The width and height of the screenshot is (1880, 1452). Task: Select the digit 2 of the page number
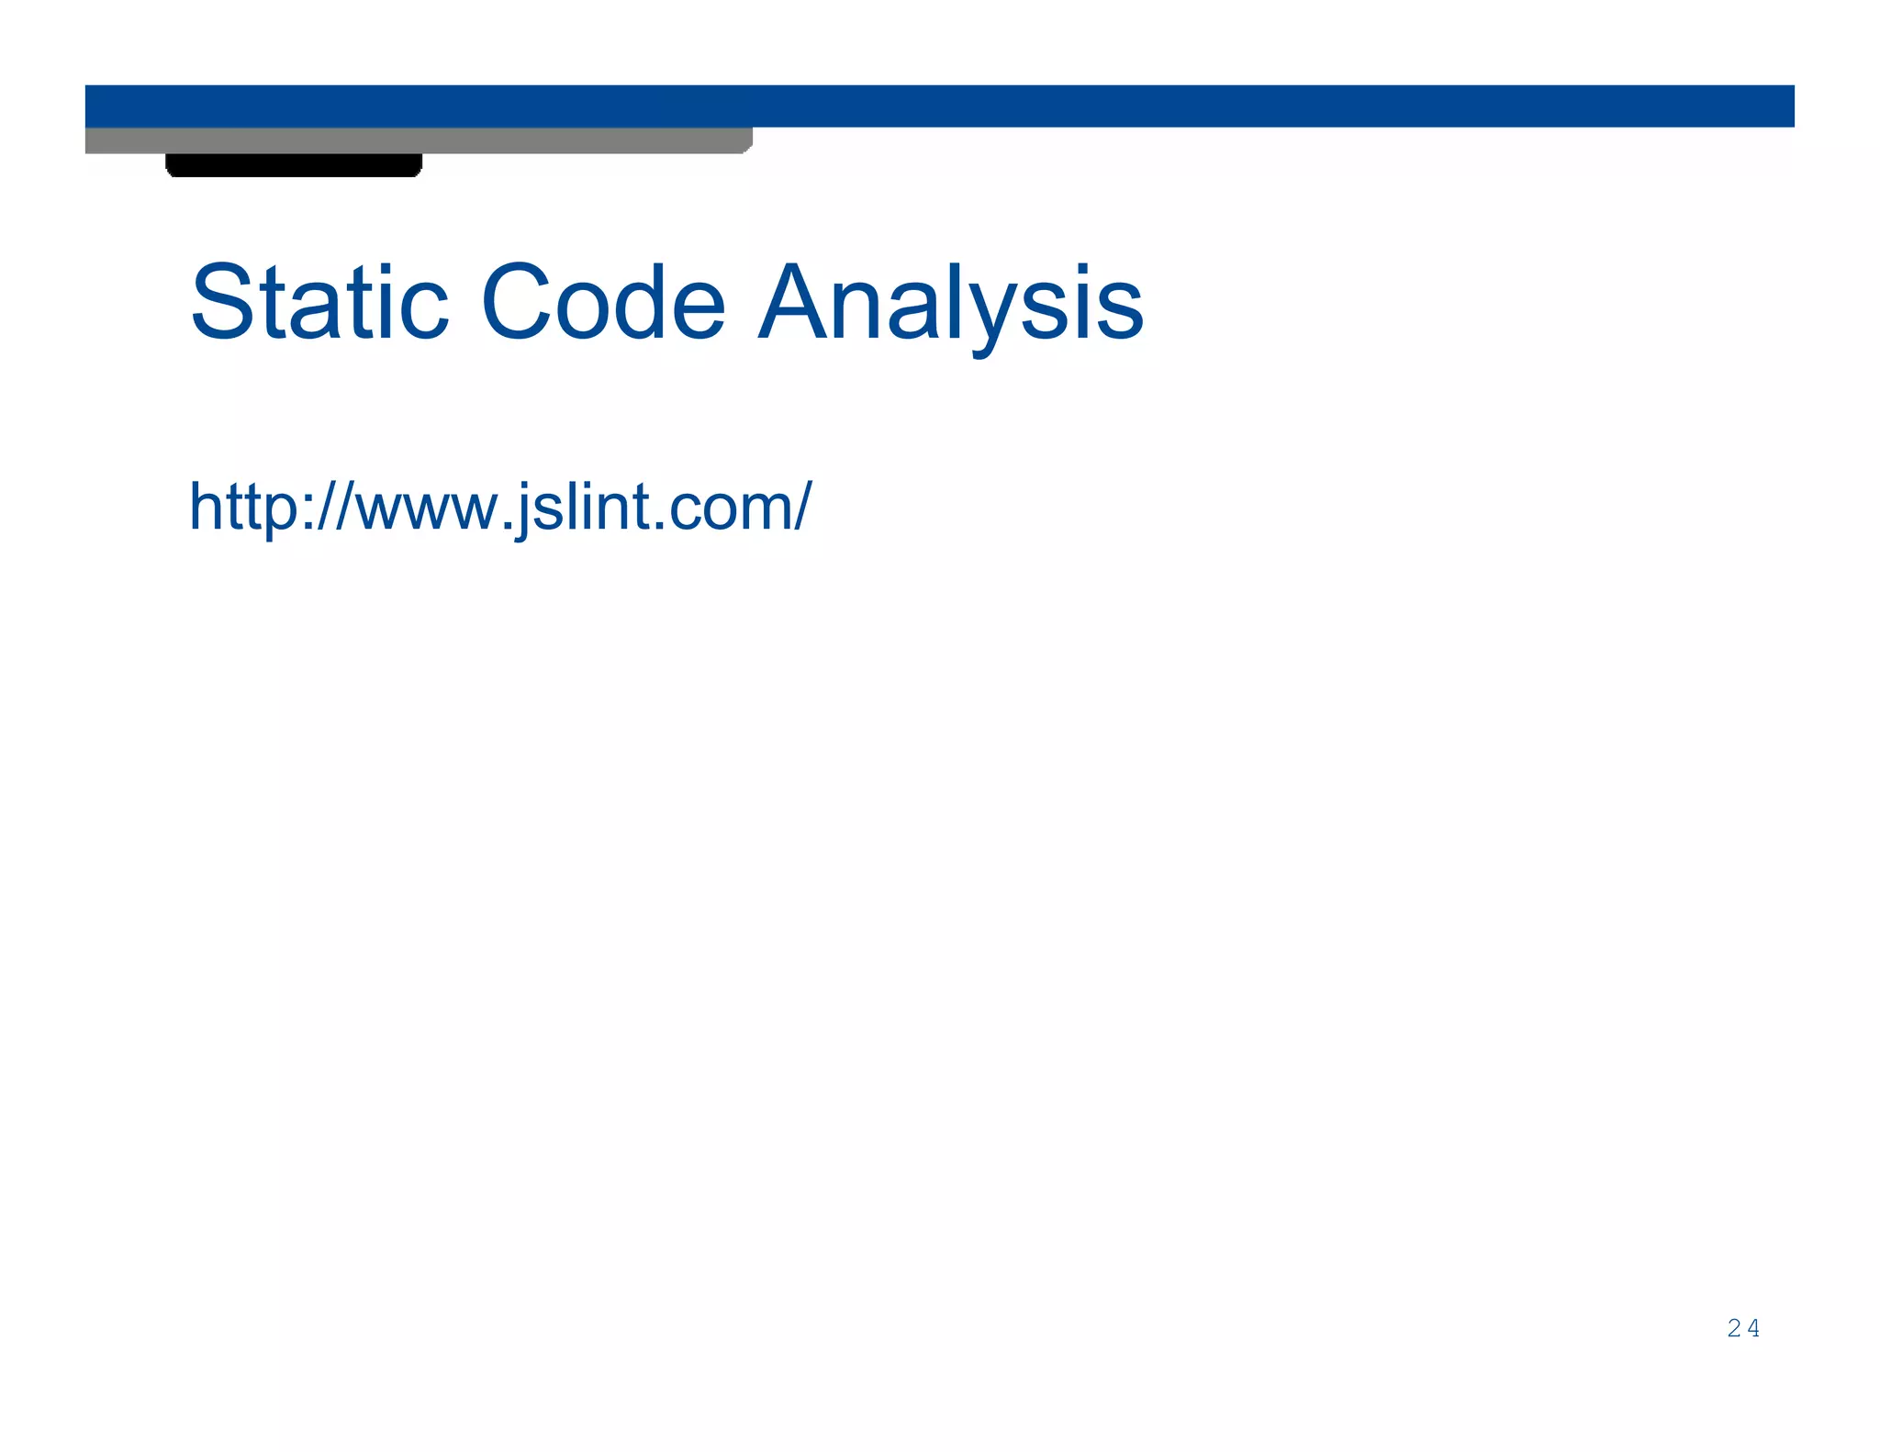click(x=1733, y=1328)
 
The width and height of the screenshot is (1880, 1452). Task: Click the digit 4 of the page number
click(x=1753, y=1328)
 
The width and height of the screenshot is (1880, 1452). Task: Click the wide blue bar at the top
click(x=1193, y=106)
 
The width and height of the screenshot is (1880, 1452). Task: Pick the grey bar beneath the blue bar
click(x=418, y=140)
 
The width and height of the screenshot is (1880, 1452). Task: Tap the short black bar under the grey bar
click(x=294, y=165)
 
